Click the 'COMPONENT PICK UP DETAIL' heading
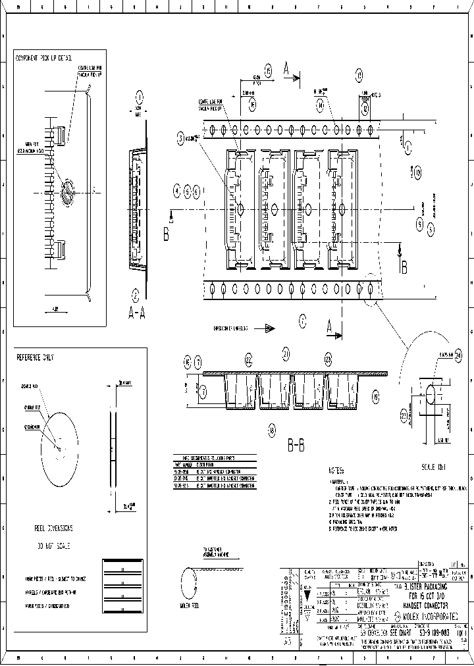coord(43,58)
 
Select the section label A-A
coord(136,313)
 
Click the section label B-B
coord(296,446)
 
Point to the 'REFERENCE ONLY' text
coord(35,357)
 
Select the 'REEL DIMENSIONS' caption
coord(53,528)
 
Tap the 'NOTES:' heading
coord(336,471)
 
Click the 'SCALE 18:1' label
coord(433,467)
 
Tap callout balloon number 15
coord(268,72)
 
